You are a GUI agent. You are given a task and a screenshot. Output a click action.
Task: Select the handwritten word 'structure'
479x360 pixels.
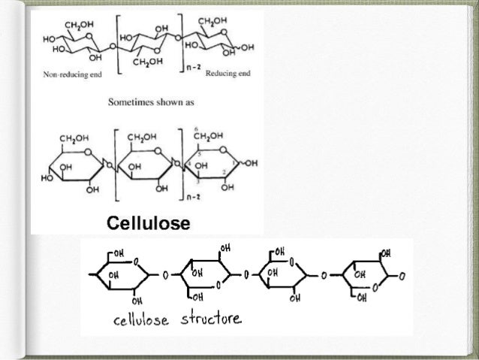click(211, 320)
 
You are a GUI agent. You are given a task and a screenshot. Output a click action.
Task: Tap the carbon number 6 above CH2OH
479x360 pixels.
click(195, 128)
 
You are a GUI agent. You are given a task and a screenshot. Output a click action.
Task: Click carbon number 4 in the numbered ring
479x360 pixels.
click(182, 163)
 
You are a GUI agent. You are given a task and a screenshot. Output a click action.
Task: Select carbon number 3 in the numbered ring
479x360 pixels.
click(197, 181)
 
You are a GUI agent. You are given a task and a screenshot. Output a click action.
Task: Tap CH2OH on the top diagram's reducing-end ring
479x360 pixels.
click(213, 20)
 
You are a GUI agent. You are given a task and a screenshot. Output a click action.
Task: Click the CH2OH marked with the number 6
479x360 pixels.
click(208, 136)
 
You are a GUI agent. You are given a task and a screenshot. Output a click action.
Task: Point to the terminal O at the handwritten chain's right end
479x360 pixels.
click(402, 276)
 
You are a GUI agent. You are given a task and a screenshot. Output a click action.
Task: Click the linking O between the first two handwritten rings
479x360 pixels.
click(165, 276)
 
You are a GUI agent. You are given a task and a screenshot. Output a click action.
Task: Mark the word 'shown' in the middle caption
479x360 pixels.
click(162, 99)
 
